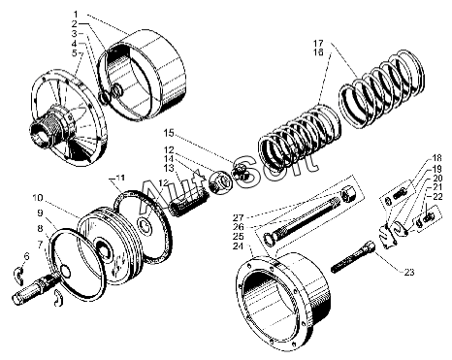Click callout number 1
pyautogui.click(x=76, y=15)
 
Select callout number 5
pyautogui.click(x=75, y=52)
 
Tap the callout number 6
pyautogui.click(x=26, y=257)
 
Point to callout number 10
pyautogui.click(x=38, y=198)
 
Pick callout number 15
pyautogui.click(x=168, y=133)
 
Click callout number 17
pyautogui.click(x=318, y=43)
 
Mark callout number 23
pyautogui.click(x=409, y=273)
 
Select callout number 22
pyautogui.click(x=437, y=196)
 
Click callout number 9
pyautogui.click(x=40, y=213)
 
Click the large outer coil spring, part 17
pyautogui.click(x=381, y=88)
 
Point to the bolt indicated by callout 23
pyautogui.click(x=353, y=257)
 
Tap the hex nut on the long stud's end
pyautogui.click(x=347, y=194)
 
